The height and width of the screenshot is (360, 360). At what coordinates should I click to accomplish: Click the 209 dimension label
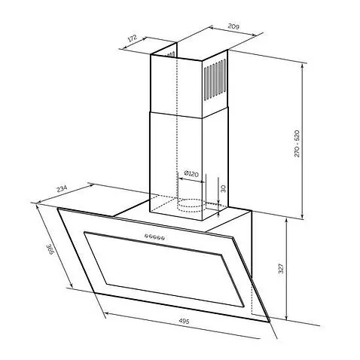(233, 26)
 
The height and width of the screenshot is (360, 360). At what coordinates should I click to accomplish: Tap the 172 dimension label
(133, 38)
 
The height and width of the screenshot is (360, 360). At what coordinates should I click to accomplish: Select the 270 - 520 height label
(297, 143)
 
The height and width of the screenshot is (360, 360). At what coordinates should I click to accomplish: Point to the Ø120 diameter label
(191, 174)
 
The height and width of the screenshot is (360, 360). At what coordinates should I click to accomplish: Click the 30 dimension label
(223, 188)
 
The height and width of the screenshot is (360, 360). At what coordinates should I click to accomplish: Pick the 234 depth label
(62, 189)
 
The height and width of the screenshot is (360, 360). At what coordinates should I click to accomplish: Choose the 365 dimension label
(50, 249)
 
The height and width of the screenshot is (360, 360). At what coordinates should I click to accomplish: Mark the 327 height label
(281, 268)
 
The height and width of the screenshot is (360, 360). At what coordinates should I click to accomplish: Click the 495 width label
(184, 321)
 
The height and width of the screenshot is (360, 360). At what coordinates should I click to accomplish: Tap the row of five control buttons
(154, 236)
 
